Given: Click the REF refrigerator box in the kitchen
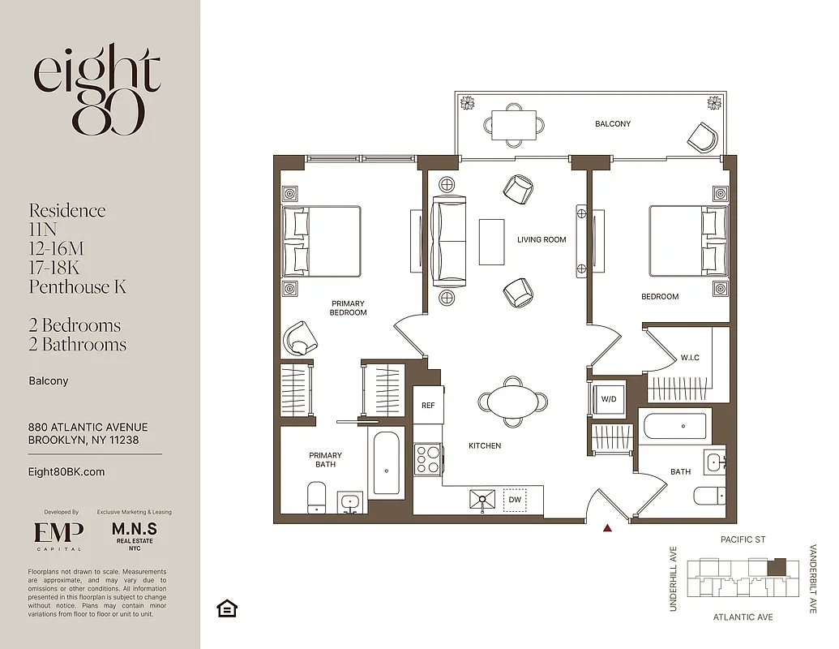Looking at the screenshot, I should click(x=428, y=405).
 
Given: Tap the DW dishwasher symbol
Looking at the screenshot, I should click(x=515, y=500).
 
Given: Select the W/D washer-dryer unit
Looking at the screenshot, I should click(x=608, y=398).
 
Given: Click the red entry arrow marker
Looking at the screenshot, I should click(x=607, y=529).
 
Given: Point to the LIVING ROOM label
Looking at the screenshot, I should click(x=541, y=239).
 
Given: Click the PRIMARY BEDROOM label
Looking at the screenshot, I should click(x=349, y=308).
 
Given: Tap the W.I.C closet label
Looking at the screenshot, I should click(x=690, y=358).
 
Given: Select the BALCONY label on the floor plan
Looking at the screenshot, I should click(x=612, y=124).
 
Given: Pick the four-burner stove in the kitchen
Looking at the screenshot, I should click(x=428, y=460).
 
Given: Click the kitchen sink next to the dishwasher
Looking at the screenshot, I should click(x=482, y=500).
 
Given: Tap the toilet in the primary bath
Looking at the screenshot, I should click(x=316, y=496).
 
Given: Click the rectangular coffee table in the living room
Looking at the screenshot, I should click(x=492, y=241).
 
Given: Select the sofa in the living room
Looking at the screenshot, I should click(x=448, y=240).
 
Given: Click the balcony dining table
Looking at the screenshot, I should click(x=515, y=125).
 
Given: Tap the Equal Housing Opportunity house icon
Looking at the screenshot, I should click(x=228, y=608).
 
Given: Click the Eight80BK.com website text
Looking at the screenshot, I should click(x=66, y=471).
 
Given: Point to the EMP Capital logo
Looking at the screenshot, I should click(x=58, y=535).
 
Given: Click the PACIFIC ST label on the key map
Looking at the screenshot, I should click(x=743, y=539).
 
